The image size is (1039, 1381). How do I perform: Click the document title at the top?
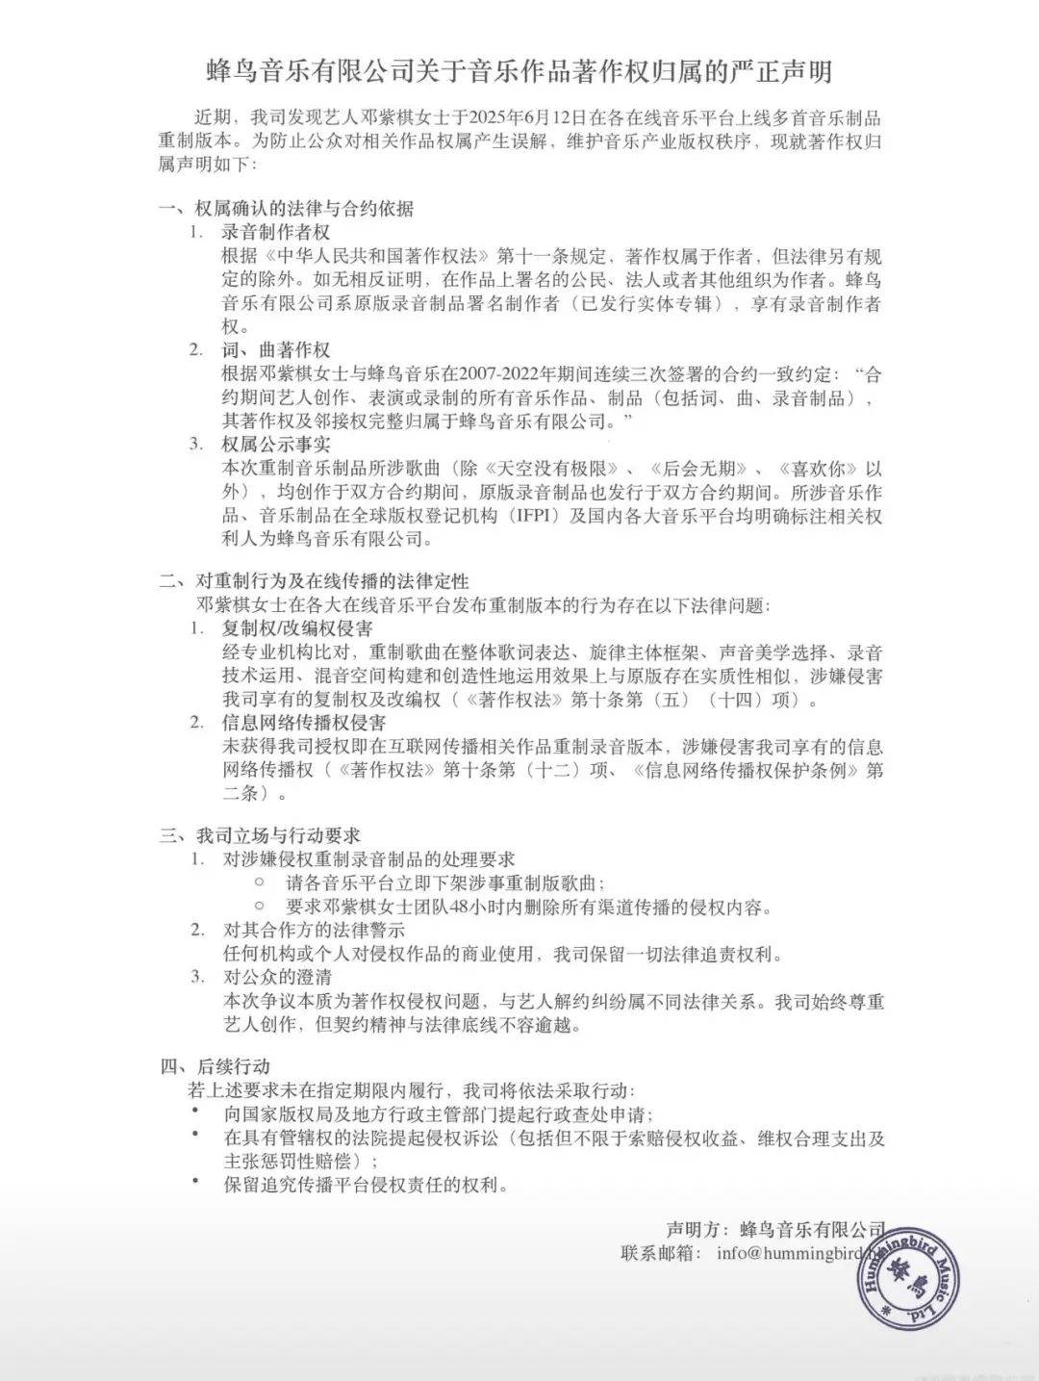click(x=519, y=71)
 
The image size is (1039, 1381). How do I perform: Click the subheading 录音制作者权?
click(x=276, y=232)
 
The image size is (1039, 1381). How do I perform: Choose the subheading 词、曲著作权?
click(x=276, y=349)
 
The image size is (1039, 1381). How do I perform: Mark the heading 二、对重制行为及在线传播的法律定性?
click(x=314, y=581)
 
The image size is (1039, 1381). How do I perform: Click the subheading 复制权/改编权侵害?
click(x=297, y=628)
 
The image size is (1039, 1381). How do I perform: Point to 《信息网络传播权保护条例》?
click(x=742, y=771)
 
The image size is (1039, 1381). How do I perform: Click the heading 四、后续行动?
click(x=215, y=1066)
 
